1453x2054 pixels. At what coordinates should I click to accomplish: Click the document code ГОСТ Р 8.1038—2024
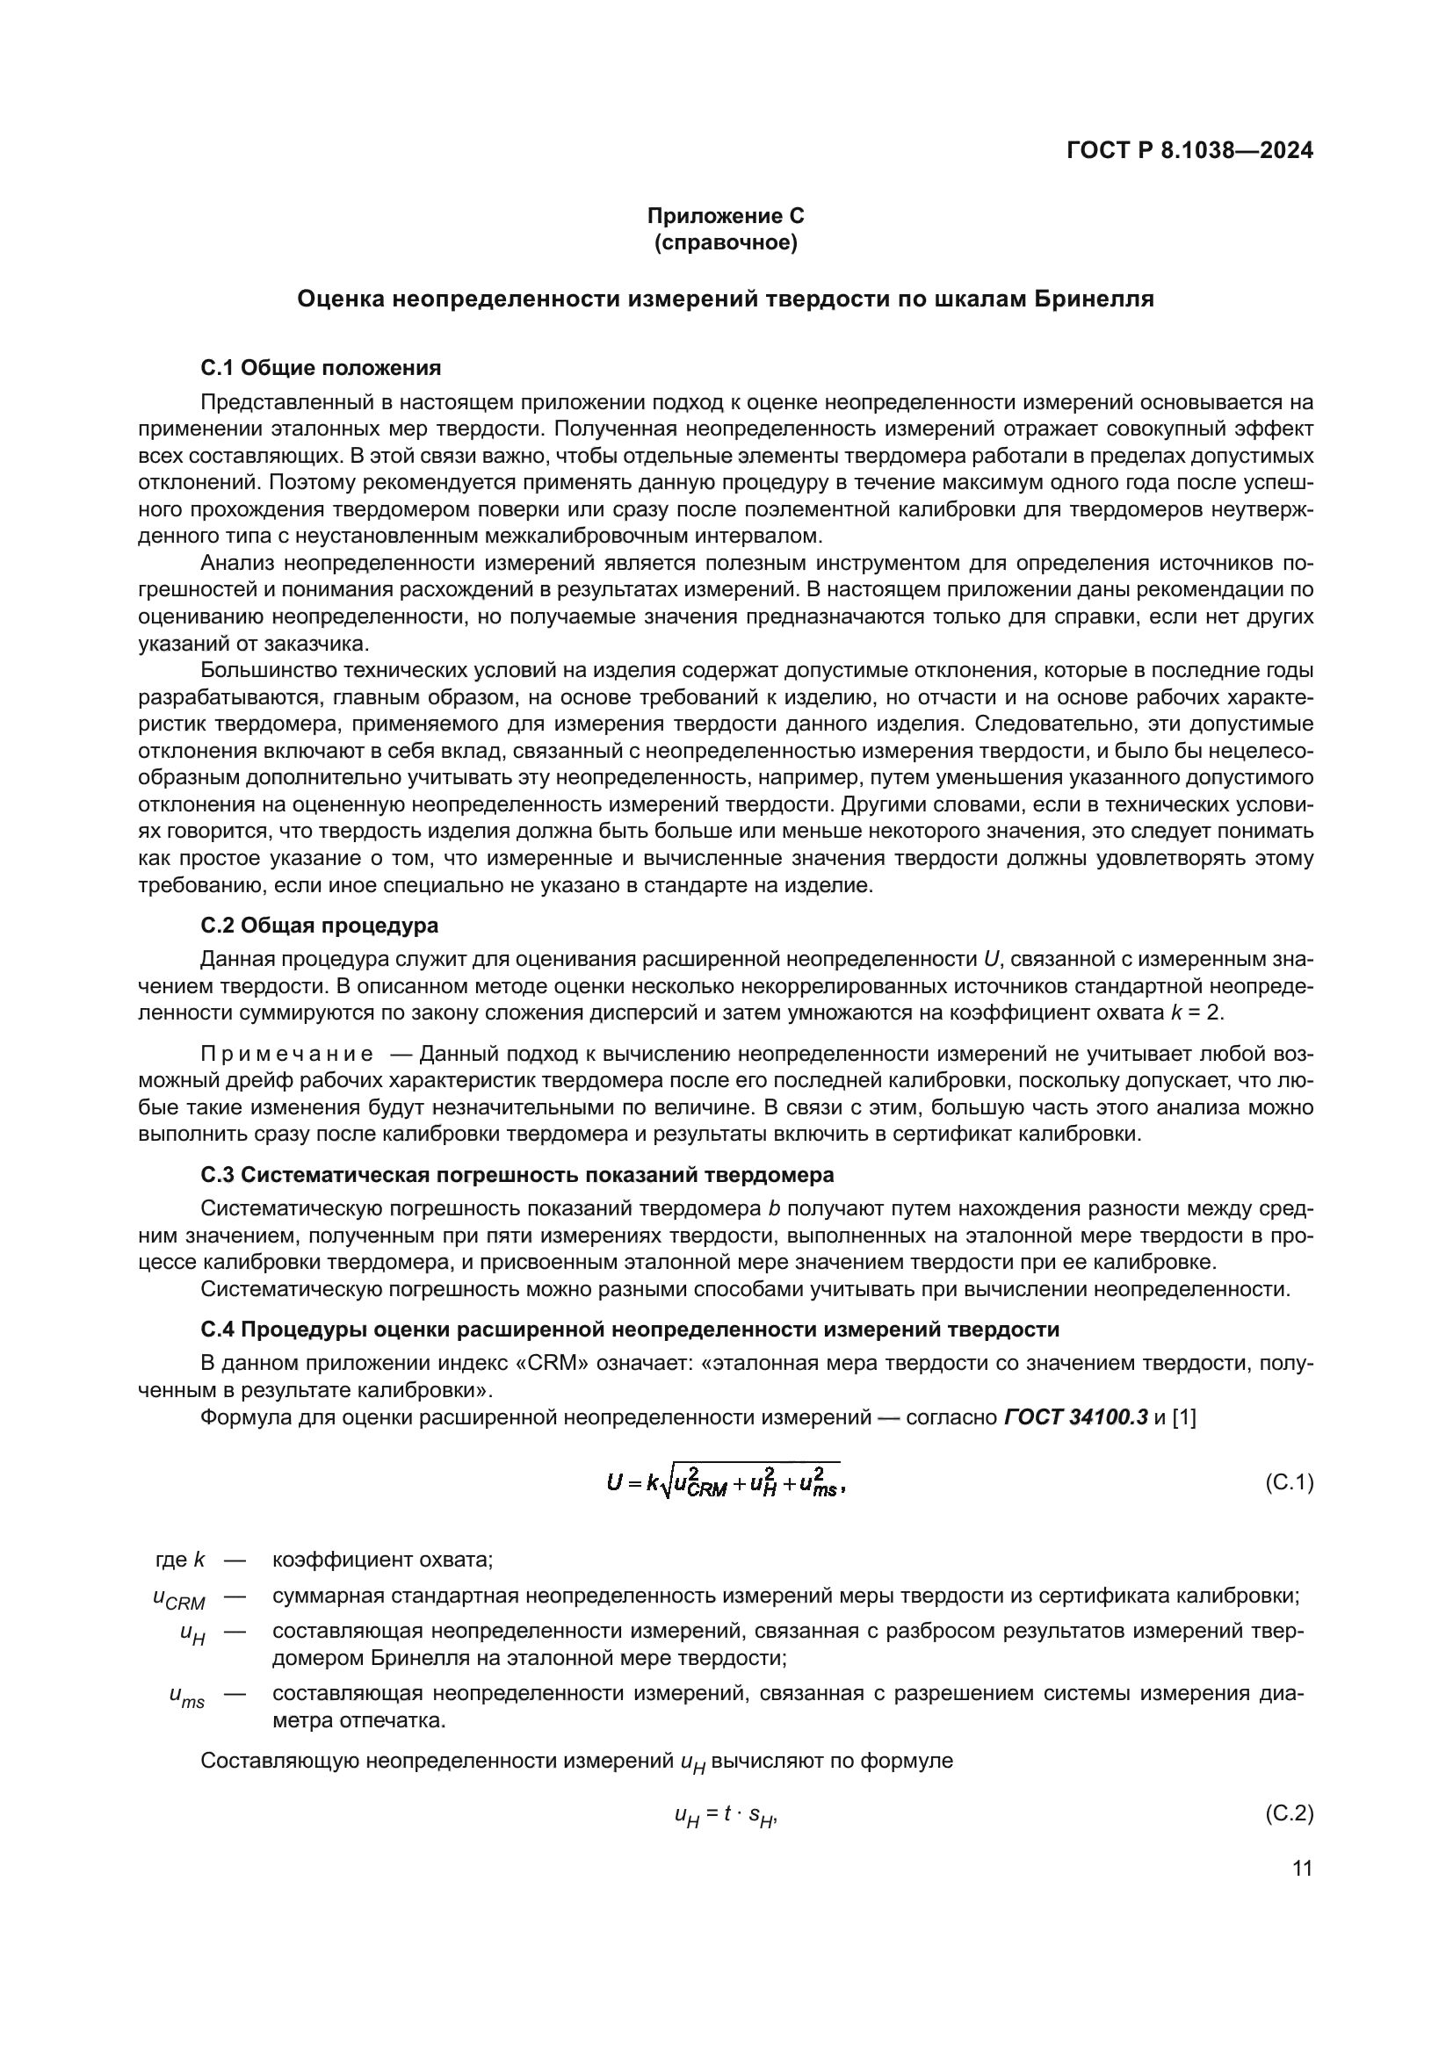click(x=1189, y=151)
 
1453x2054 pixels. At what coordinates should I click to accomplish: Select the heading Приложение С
click(x=726, y=216)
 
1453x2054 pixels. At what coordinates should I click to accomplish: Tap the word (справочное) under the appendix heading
click(x=726, y=242)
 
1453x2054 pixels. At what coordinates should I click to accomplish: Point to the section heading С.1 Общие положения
click(x=321, y=368)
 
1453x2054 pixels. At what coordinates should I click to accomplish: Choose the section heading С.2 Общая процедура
click(x=320, y=924)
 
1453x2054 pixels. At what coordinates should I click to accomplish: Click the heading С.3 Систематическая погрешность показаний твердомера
click(x=517, y=1174)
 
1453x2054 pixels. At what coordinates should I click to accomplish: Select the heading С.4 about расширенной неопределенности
click(x=630, y=1329)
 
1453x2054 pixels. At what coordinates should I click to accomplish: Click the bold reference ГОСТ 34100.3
click(x=1075, y=1417)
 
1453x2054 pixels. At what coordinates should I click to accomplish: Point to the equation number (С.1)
click(x=1289, y=1482)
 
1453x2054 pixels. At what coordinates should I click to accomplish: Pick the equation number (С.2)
click(x=1289, y=1813)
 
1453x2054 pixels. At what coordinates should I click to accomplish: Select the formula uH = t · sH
click(x=726, y=1815)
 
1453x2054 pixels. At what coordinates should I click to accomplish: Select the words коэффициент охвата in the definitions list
click(x=382, y=1560)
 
